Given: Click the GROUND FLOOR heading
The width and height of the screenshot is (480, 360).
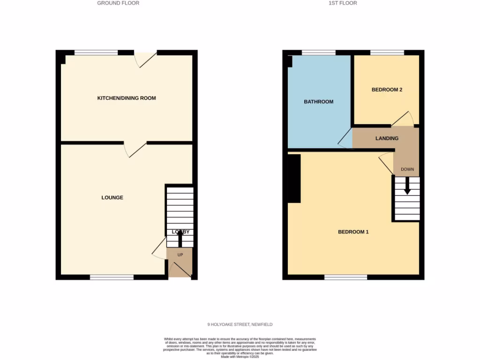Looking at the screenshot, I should click(118, 3).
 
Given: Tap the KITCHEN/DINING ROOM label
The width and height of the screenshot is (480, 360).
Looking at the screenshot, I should click(127, 98).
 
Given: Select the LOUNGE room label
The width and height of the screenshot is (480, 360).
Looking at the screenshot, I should click(112, 198).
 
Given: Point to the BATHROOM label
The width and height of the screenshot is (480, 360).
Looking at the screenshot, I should click(319, 102).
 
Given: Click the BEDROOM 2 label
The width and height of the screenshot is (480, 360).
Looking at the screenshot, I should click(387, 90).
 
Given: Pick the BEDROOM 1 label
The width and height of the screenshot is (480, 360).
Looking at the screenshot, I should click(353, 232).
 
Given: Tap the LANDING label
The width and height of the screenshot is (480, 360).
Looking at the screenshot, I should click(387, 138).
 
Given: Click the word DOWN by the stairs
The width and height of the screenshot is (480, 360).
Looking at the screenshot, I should click(407, 169).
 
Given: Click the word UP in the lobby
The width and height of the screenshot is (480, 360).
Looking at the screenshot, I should click(180, 255).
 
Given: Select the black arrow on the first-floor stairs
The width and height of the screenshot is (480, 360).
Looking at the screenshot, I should click(407, 186).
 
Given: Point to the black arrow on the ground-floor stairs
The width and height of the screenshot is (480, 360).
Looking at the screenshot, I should click(180, 239).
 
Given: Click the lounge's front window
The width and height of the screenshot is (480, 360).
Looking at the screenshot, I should click(112, 277).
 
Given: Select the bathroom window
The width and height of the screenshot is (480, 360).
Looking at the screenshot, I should click(318, 52).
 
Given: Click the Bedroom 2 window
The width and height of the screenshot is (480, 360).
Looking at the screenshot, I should click(387, 52).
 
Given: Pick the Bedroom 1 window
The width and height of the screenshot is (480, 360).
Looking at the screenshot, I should click(345, 277).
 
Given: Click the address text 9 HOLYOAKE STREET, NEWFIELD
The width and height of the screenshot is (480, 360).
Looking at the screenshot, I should click(240, 324).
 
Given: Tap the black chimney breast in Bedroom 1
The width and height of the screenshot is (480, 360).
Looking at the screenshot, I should click(294, 179).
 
